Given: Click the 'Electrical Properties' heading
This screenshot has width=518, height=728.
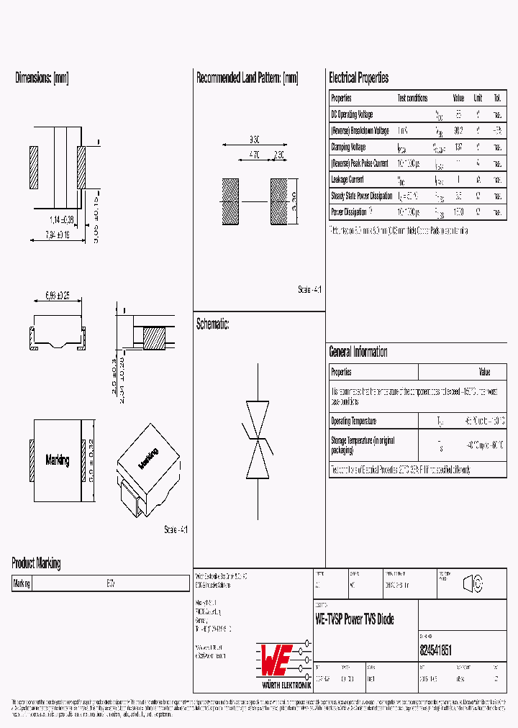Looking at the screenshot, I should point(358,78).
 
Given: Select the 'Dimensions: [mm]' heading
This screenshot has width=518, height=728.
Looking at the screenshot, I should point(42,78).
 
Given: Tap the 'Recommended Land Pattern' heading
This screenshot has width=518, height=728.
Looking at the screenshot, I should point(247,78).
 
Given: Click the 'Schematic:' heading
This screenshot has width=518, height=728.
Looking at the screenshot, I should point(212,324).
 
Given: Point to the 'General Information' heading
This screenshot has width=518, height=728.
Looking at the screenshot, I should point(358,352).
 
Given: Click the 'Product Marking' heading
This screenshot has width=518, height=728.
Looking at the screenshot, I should point(36,563).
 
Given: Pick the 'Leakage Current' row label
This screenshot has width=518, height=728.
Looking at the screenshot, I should point(347,180).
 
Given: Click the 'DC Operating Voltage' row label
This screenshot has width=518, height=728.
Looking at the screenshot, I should point(352,114).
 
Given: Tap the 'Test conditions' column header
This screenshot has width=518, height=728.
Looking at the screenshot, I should point(412,98).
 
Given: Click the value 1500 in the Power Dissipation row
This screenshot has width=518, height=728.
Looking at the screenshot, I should point(458,213).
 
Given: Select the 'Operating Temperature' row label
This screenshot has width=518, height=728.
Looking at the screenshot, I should point(353,421).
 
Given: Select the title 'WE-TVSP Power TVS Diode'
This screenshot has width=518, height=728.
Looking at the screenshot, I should point(355,619).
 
